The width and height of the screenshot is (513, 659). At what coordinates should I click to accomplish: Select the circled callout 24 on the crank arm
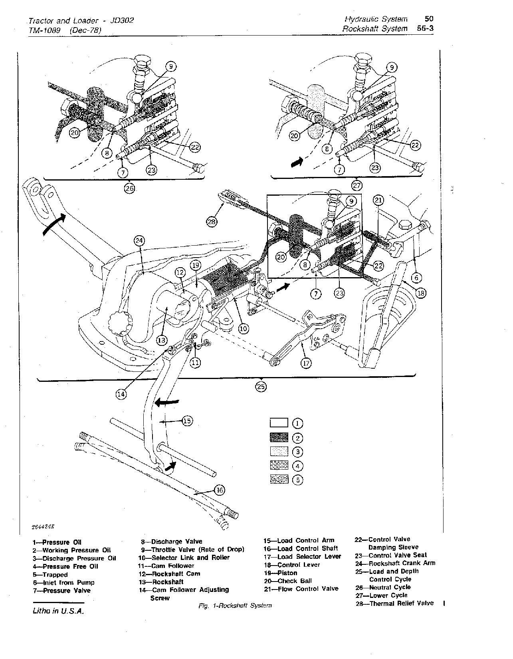[139, 240]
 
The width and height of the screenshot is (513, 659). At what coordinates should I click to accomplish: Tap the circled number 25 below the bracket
[261, 386]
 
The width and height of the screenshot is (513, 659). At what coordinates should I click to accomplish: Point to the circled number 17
[306, 363]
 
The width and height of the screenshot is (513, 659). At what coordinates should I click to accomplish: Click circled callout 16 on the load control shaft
[220, 490]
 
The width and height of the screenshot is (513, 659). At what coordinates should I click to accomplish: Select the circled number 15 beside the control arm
[187, 421]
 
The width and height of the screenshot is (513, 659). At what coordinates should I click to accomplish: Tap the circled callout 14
[121, 394]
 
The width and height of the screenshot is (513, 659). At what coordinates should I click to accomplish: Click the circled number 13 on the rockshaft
[161, 340]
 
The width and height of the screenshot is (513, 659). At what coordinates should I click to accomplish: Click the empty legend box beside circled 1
[279, 423]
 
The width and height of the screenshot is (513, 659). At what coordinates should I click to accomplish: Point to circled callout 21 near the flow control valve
[378, 200]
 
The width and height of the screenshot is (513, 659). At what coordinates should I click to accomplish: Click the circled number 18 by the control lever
[420, 293]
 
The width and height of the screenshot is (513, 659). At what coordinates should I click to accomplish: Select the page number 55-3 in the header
[425, 29]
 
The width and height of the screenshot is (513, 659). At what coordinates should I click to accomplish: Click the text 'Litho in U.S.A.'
[58, 611]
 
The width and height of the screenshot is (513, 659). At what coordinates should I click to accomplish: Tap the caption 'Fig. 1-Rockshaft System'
[235, 605]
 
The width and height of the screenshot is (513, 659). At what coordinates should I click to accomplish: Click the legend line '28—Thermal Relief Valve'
[394, 603]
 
